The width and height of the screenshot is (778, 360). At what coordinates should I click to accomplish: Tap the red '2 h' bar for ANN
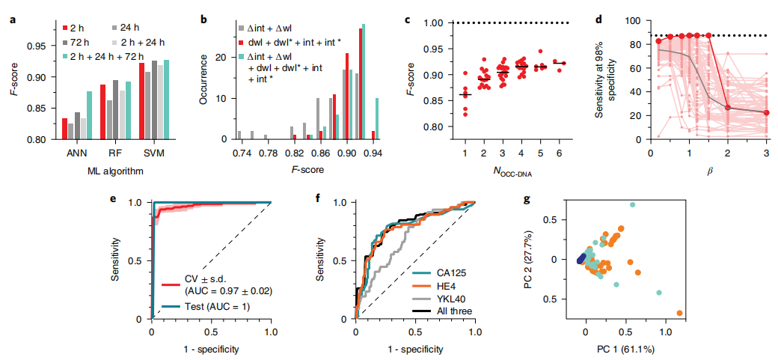[64, 129]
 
